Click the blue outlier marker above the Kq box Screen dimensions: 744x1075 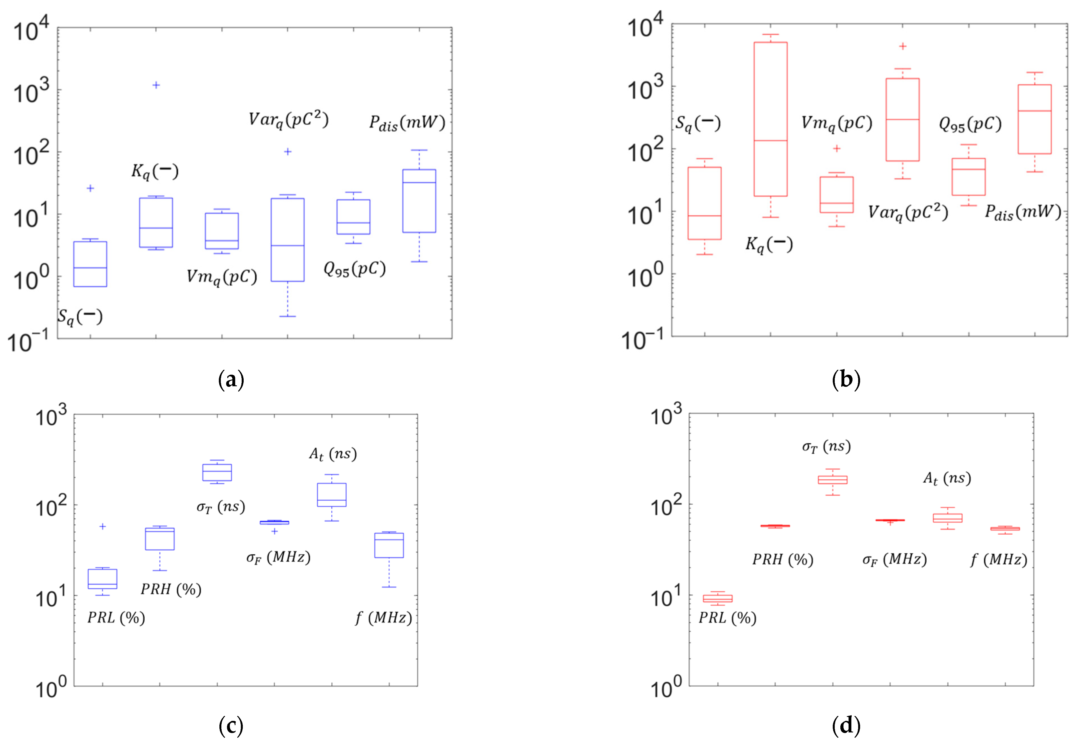[156, 85]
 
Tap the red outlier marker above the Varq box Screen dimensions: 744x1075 [903, 46]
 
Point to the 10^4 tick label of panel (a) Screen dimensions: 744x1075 [31, 32]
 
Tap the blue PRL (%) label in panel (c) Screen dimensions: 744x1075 [116, 618]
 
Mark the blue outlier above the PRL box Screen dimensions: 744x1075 [103, 526]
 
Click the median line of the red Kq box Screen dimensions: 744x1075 [771, 140]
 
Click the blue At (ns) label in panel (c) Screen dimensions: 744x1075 [333, 454]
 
